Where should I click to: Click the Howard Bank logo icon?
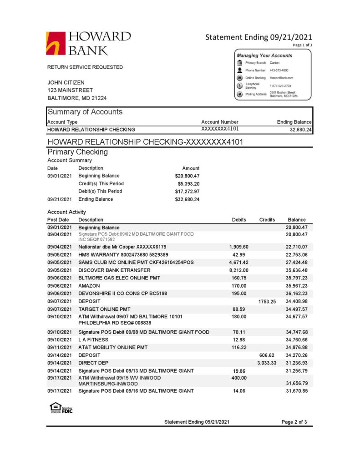pos(56,43)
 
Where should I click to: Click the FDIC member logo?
pos(61,408)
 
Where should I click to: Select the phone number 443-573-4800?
pos(279,71)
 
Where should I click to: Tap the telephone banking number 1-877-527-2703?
pos(280,86)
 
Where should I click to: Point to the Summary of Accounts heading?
pos(85,112)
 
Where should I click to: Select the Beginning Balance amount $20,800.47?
pos(188,176)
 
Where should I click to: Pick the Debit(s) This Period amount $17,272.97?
pos(188,191)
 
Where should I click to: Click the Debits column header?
pos(239,220)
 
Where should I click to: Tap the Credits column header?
pos(267,220)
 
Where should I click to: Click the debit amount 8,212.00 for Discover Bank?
pos(239,270)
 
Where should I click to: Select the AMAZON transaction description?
pos(89,285)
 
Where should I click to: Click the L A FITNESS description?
pos(94,339)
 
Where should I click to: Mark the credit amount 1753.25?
pos(267,301)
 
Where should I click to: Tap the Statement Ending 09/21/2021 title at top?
pos(259,37)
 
